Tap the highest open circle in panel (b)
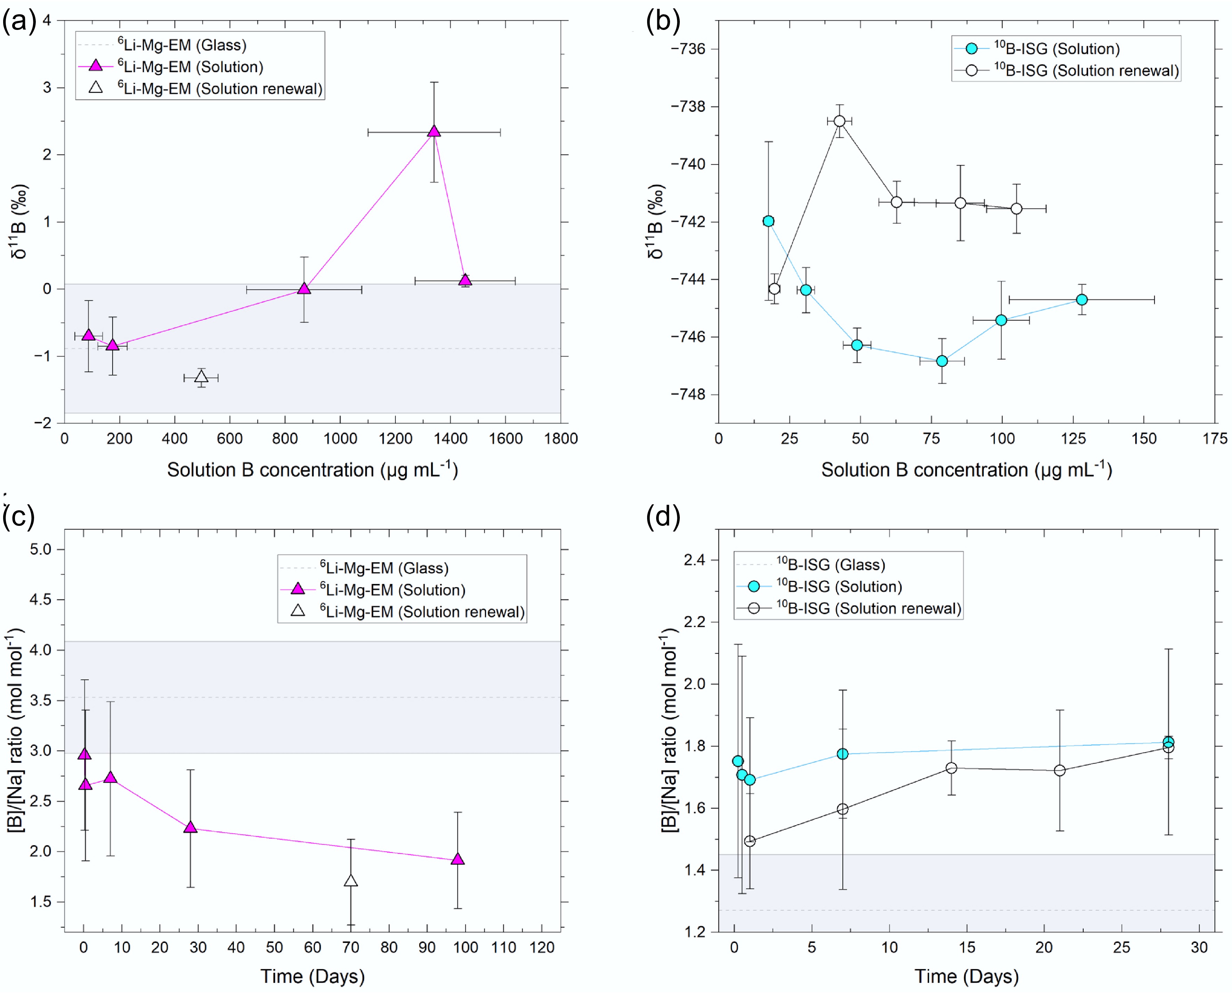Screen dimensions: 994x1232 click(839, 121)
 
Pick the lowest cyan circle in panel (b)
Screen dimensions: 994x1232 click(942, 361)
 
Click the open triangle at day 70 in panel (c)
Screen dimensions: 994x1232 click(351, 881)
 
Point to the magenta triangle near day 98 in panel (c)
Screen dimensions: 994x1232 click(457, 859)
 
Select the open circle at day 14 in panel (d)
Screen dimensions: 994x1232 click(951, 768)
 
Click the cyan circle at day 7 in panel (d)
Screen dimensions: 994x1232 click(843, 754)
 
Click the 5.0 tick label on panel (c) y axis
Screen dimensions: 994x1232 click(40, 549)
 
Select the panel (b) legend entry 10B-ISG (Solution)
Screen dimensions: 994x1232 click(1056, 49)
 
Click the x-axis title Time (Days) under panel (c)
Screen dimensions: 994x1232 click(313, 976)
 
